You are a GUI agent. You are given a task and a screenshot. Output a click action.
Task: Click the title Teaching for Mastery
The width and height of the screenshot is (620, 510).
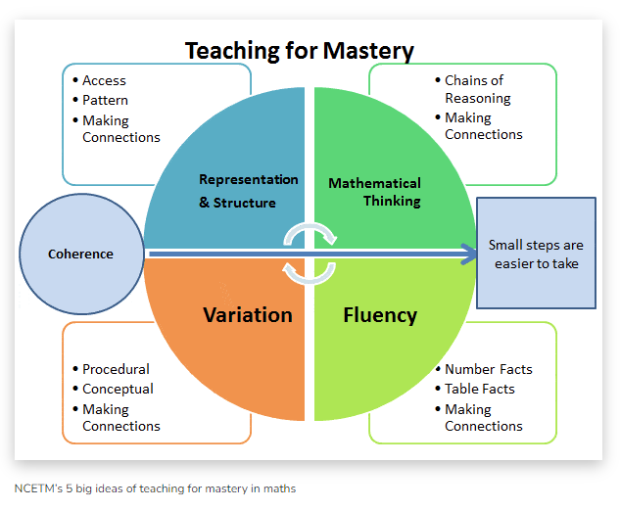coord(300,51)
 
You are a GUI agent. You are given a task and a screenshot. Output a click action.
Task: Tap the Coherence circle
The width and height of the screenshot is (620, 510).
coord(82,254)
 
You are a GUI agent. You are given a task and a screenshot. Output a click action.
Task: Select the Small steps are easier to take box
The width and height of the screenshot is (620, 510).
coord(536,253)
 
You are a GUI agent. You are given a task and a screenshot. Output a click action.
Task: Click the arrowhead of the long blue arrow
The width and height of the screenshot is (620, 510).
coord(469,254)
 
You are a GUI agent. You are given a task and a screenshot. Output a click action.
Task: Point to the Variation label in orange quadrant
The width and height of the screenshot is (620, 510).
coord(248,315)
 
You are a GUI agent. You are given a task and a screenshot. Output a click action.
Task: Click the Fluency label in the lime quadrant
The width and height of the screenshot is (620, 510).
coord(380,315)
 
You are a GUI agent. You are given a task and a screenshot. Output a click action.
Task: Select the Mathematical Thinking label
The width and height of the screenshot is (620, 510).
coord(374,192)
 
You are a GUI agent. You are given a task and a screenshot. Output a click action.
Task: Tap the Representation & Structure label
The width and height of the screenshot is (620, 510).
coord(249,191)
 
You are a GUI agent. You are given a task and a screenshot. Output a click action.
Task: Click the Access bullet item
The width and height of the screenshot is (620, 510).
coord(104,80)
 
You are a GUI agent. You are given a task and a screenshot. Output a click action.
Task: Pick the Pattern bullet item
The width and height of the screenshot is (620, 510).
coord(105,101)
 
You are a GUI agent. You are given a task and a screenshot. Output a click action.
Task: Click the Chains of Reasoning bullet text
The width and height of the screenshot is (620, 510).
coord(478,89)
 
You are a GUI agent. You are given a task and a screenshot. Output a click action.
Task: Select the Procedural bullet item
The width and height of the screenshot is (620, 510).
coord(116,369)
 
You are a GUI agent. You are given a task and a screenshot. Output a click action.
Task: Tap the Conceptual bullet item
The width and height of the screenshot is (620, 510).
coord(118,390)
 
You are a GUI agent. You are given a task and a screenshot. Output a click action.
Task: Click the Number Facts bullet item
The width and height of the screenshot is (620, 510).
coord(489,369)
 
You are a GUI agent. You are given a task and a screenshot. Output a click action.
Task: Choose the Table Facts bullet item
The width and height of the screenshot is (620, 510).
coord(480,390)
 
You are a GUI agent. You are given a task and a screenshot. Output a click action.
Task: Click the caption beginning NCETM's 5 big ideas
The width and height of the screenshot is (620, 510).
coord(155,488)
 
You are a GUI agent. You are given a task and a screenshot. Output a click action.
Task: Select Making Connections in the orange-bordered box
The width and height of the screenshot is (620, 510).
coord(121,418)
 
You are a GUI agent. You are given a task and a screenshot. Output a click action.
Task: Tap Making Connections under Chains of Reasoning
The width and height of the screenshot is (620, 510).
coord(484,126)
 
